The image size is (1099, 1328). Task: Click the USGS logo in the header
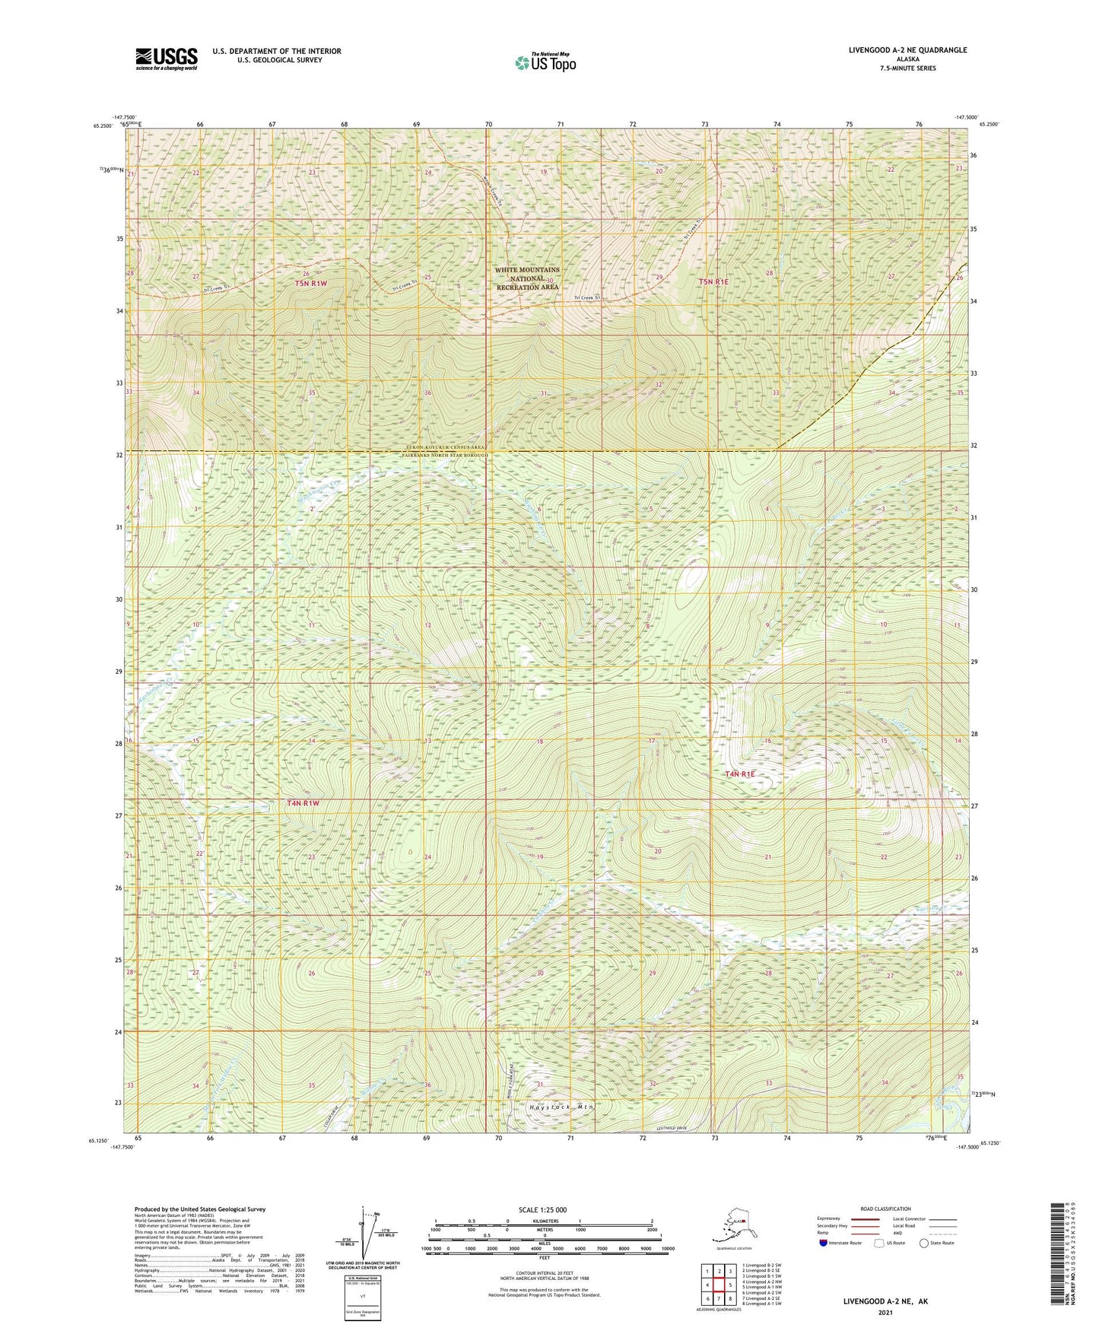[166, 59]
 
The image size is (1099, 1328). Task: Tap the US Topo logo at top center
[545, 62]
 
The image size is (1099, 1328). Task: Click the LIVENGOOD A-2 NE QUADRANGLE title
[907, 50]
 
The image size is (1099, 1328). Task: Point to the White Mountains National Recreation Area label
[526, 278]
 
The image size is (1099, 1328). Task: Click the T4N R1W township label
[303, 803]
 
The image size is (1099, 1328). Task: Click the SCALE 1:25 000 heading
[542, 1209]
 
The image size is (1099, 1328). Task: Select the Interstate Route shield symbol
[824, 1243]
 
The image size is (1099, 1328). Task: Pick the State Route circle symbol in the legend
[923, 1243]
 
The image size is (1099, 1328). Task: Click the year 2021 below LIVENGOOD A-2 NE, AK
[885, 1313]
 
